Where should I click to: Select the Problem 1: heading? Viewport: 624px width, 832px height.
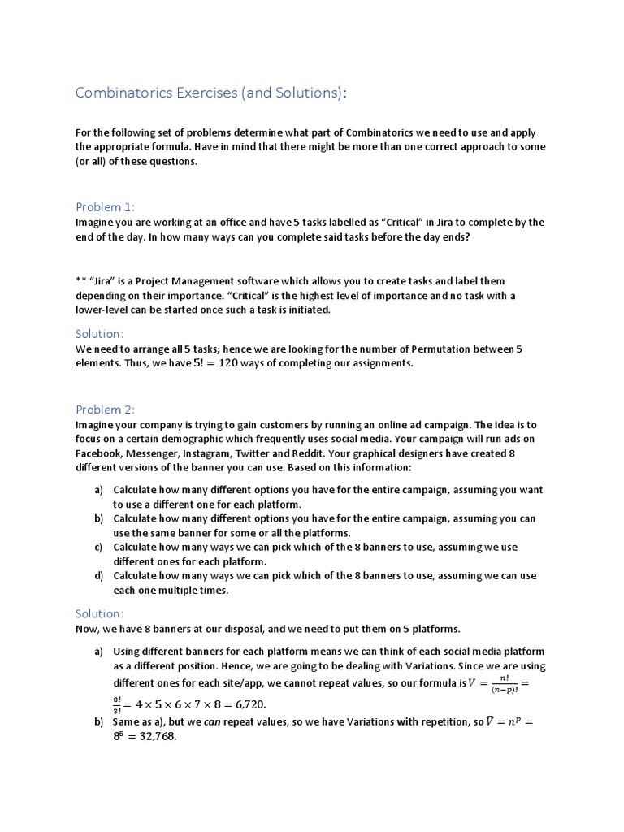(106, 206)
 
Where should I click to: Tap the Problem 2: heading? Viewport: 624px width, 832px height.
(106, 409)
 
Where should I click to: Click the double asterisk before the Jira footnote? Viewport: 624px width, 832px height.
(81, 281)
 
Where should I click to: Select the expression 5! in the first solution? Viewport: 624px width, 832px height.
(180, 363)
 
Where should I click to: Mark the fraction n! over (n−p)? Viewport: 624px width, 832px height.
(505, 682)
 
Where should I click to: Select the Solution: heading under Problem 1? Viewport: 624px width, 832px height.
(100, 334)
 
